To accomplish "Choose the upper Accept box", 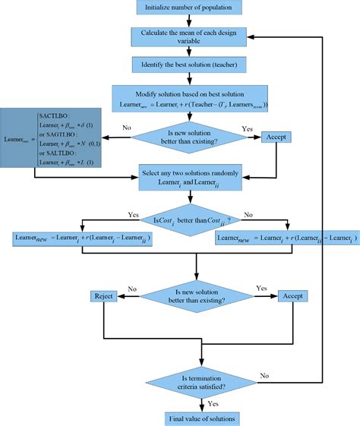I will pos(277,137).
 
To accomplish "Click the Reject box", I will pos(104,295).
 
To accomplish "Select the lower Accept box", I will pos(297,295).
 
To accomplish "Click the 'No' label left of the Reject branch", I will pos(132,289).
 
